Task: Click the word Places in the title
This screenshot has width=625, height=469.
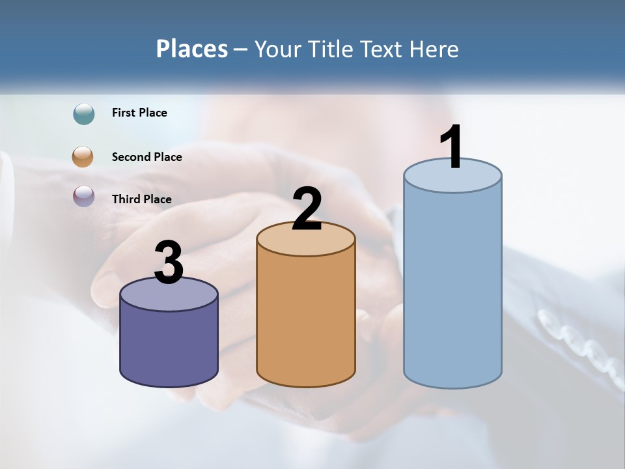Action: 191,49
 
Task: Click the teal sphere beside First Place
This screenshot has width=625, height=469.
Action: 84,114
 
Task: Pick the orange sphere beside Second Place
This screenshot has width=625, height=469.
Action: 84,157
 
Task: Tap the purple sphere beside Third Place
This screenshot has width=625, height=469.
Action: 84,196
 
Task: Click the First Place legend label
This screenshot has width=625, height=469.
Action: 139,113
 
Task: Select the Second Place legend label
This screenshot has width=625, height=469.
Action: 146,157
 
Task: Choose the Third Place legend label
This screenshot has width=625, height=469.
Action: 141,199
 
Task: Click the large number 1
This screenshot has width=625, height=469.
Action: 451,147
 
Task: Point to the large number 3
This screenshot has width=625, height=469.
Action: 169,263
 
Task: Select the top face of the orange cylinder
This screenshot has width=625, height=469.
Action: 305,242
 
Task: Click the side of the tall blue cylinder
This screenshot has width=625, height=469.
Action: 452,287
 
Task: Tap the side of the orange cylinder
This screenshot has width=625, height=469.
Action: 305,319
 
